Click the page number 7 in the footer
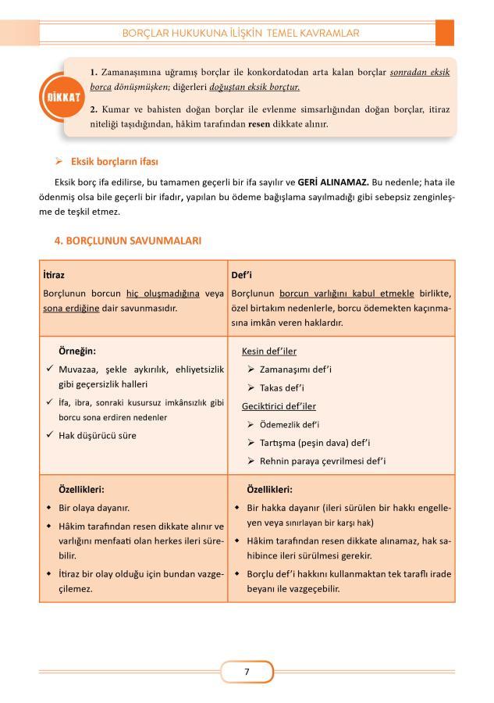pos(247,671)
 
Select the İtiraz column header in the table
pos(54,276)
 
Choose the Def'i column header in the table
pos(241,276)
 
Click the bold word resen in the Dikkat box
pos(258,123)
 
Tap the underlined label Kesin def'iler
pos(269,351)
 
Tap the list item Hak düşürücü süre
pos(98,435)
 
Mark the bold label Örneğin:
pos(77,351)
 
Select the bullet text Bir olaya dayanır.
pos(94,507)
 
